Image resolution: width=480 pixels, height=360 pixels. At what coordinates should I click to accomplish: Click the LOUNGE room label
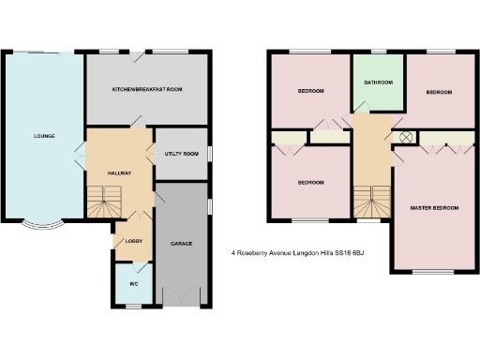(44, 136)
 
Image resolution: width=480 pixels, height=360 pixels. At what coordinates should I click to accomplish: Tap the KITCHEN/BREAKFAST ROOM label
(147, 88)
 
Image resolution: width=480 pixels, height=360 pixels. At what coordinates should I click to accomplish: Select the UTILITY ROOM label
(181, 153)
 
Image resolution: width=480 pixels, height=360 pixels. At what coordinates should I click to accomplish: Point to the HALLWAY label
(118, 173)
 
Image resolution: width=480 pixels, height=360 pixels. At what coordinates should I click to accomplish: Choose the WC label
(133, 282)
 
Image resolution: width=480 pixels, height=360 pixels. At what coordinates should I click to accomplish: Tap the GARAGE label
(181, 244)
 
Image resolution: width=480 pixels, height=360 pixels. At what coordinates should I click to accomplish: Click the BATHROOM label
(378, 82)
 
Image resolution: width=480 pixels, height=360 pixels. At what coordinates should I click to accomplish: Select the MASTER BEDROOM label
(434, 206)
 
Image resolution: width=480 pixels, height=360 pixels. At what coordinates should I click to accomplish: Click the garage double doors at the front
(181, 303)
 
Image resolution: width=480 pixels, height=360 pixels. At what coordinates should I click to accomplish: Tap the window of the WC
(133, 306)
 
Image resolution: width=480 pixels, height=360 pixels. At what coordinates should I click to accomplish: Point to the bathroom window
(378, 50)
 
